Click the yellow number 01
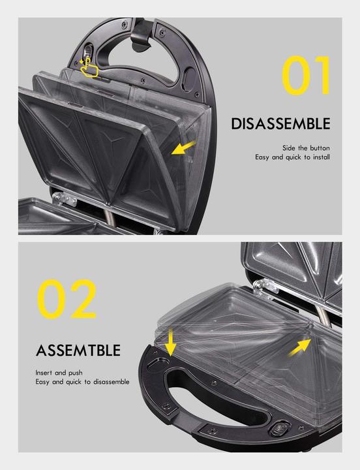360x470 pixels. point(306,75)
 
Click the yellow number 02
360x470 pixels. point(67,299)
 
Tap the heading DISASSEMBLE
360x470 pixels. point(280,124)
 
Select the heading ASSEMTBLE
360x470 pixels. point(78,350)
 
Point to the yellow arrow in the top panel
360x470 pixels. point(183,148)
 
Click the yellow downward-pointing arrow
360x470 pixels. point(170,342)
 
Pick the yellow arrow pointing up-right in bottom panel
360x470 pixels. point(300,347)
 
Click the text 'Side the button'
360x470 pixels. point(306,148)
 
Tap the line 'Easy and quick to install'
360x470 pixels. point(292,157)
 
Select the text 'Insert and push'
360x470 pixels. point(59,373)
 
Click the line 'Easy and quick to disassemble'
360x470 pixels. point(82,382)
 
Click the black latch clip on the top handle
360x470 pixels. point(140,34)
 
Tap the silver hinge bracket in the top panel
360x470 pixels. point(65,198)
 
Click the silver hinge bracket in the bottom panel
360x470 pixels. point(266,288)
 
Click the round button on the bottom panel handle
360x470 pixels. point(280,429)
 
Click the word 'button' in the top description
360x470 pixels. point(320,148)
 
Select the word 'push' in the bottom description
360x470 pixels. point(76,373)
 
